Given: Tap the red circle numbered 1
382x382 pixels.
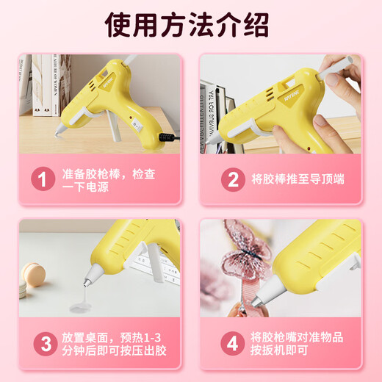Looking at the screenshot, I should pyautogui.click(x=43, y=179).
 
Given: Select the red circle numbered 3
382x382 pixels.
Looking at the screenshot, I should pyautogui.click(x=43, y=343).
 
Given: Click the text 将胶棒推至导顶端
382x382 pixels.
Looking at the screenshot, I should pyautogui.click(x=298, y=179).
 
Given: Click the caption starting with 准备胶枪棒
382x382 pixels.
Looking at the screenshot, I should pyautogui.click(x=110, y=179).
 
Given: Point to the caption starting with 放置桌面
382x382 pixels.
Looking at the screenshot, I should pyautogui.click(x=110, y=343).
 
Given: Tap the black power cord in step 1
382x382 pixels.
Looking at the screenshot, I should pyautogui.click(x=169, y=137).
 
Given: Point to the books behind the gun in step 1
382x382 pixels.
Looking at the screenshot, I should pyautogui.click(x=48, y=81).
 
